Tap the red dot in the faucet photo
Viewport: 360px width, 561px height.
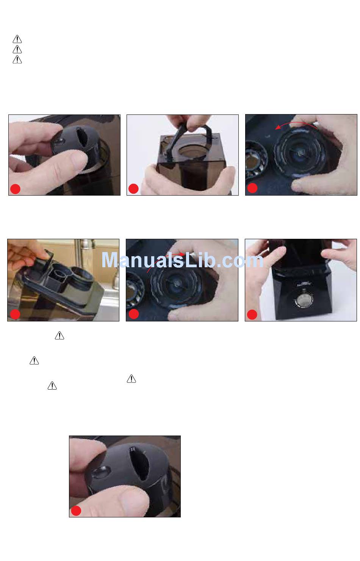point(15,314)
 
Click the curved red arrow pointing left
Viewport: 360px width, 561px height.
point(296,124)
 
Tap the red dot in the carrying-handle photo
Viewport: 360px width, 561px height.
point(133,189)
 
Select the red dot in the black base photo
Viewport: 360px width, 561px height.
point(252,315)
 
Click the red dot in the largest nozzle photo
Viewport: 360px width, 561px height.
point(76,511)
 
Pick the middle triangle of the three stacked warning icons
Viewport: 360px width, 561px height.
point(17,49)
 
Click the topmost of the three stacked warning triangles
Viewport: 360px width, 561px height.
point(17,39)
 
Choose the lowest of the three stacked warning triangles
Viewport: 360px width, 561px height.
point(17,60)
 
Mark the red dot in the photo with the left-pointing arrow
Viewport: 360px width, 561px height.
point(252,188)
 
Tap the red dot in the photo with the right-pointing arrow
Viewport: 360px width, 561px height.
point(134,314)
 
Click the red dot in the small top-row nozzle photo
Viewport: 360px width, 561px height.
point(15,189)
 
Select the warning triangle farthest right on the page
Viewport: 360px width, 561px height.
point(131,379)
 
